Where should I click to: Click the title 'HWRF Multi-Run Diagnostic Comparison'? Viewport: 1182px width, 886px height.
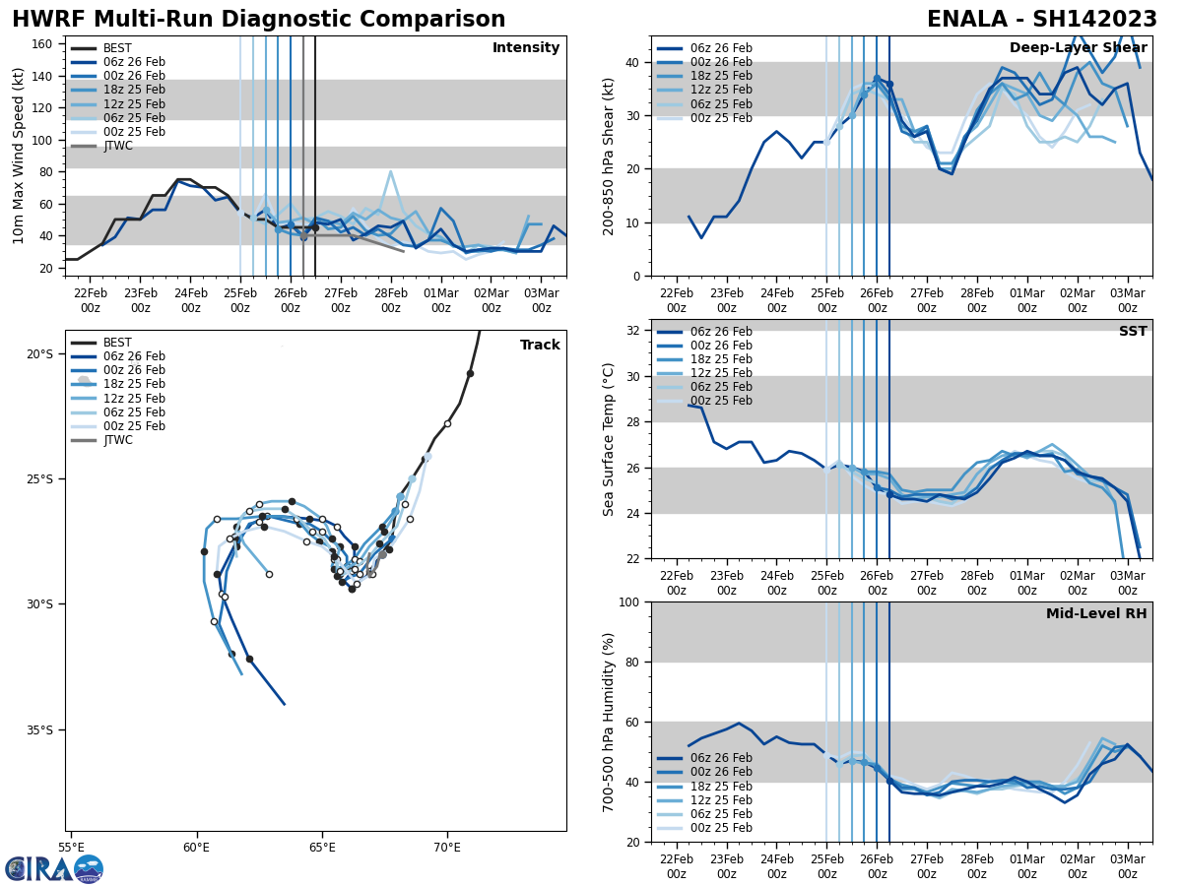[258, 20]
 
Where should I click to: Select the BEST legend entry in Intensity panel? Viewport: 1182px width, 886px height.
[117, 48]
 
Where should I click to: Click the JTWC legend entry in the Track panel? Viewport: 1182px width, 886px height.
[117, 440]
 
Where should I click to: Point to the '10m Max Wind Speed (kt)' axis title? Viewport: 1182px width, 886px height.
[19, 156]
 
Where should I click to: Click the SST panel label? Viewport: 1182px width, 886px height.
[1133, 332]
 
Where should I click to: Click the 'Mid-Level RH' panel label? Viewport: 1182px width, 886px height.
[1096, 614]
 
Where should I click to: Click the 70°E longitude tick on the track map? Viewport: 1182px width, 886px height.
[447, 847]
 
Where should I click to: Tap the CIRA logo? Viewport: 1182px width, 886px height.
[53, 868]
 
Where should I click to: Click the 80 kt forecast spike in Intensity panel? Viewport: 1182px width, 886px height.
[390, 172]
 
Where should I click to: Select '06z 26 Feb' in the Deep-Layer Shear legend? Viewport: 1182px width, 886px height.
[722, 48]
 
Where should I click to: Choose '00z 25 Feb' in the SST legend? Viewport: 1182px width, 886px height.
[722, 401]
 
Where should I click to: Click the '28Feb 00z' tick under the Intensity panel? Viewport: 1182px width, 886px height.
[390, 299]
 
